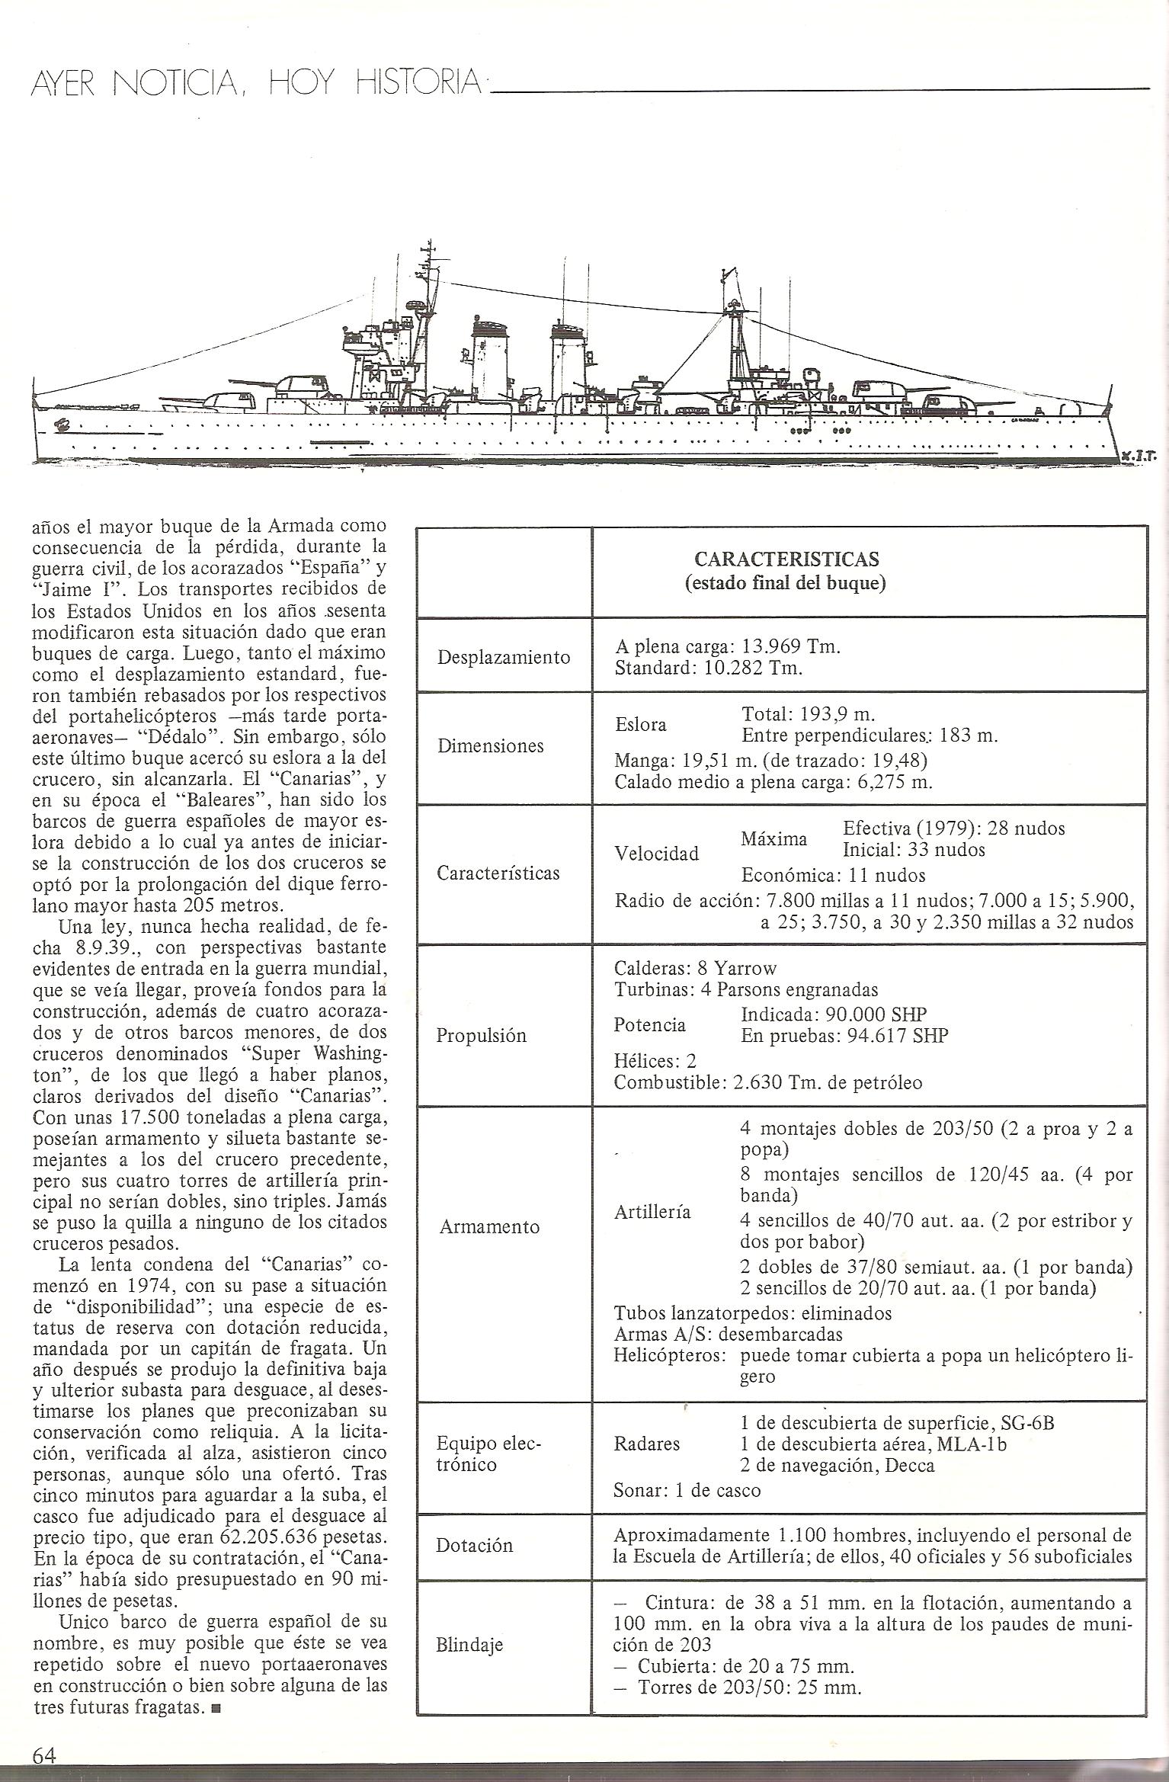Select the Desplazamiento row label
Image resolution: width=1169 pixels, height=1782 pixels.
(503, 657)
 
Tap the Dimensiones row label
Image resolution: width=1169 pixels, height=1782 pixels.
(490, 746)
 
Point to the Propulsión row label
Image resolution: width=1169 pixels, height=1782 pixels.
(481, 1035)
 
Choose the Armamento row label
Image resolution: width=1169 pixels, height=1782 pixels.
(488, 1226)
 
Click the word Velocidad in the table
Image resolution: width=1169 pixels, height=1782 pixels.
(656, 853)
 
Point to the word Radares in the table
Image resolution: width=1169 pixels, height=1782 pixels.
(646, 1444)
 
